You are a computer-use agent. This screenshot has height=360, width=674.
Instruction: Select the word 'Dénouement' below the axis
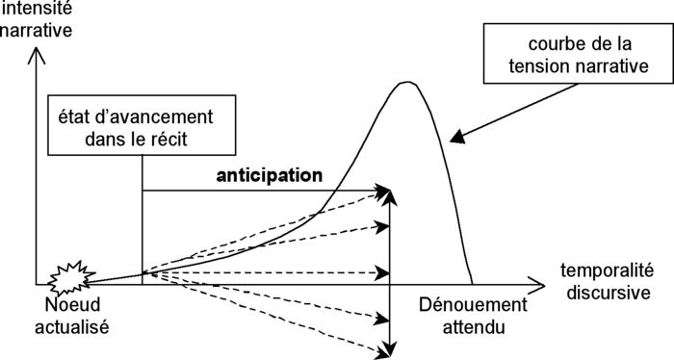coord(473,306)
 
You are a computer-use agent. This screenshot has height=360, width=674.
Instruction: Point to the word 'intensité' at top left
coord(37,10)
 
